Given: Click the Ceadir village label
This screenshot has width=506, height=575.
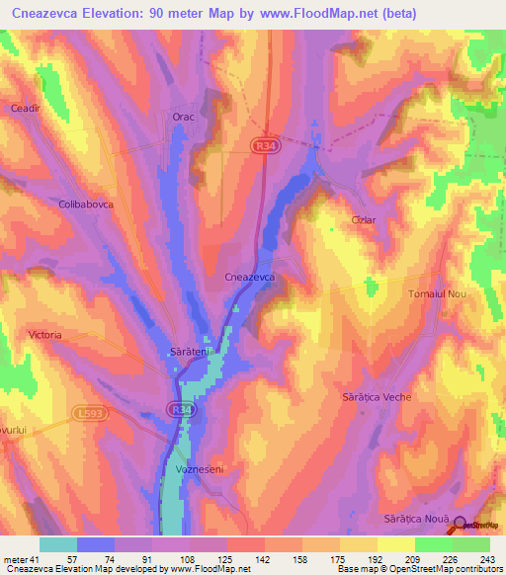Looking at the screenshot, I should point(24,109).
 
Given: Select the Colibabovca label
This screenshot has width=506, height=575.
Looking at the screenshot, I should point(86,205).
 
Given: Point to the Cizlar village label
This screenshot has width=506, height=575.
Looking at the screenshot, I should point(363,221).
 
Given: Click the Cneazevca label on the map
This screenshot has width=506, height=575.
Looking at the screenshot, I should point(256,279).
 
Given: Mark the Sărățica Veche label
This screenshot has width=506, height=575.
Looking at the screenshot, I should point(377,396).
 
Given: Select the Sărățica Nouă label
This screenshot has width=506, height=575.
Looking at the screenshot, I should point(416,519).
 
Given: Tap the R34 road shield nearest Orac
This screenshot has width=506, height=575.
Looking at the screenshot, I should point(262,144).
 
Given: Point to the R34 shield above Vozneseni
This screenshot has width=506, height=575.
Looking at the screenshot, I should point(178,406).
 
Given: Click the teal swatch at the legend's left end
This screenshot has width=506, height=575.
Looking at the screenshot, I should point(57,544).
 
